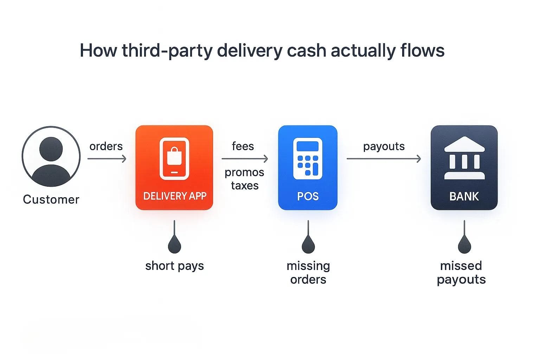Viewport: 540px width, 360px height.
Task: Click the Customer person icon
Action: (x=51, y=157)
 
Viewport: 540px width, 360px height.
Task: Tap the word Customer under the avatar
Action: (x=51, y=199)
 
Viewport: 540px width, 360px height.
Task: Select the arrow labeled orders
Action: (x=107, y=159)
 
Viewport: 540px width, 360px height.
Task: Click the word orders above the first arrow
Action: (x=106, y=146)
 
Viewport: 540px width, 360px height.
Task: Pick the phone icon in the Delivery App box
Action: (x=174, y=159)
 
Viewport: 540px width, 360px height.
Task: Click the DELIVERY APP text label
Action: (x=175, y=196)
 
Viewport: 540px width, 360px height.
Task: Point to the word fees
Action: (x=243, y=146)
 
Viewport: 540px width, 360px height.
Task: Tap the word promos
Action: (x=244, y=172)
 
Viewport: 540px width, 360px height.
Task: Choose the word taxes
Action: (x=245, y=185)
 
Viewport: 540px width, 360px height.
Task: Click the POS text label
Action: (x=308, y=196)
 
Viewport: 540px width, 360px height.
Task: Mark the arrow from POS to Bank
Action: (x=384, y=159)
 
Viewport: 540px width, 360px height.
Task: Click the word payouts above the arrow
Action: (x=384, y=146)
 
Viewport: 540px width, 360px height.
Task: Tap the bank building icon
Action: (x=464, y=158)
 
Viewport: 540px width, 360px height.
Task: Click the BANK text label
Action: (x=464, y=196)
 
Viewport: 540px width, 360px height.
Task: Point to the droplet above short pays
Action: (x=174, y=244)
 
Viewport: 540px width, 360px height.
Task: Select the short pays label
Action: (x=174, y=266)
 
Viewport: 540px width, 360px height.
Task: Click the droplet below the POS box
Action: (x=308, y=244)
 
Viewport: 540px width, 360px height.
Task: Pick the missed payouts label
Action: (x=461, y=272)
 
